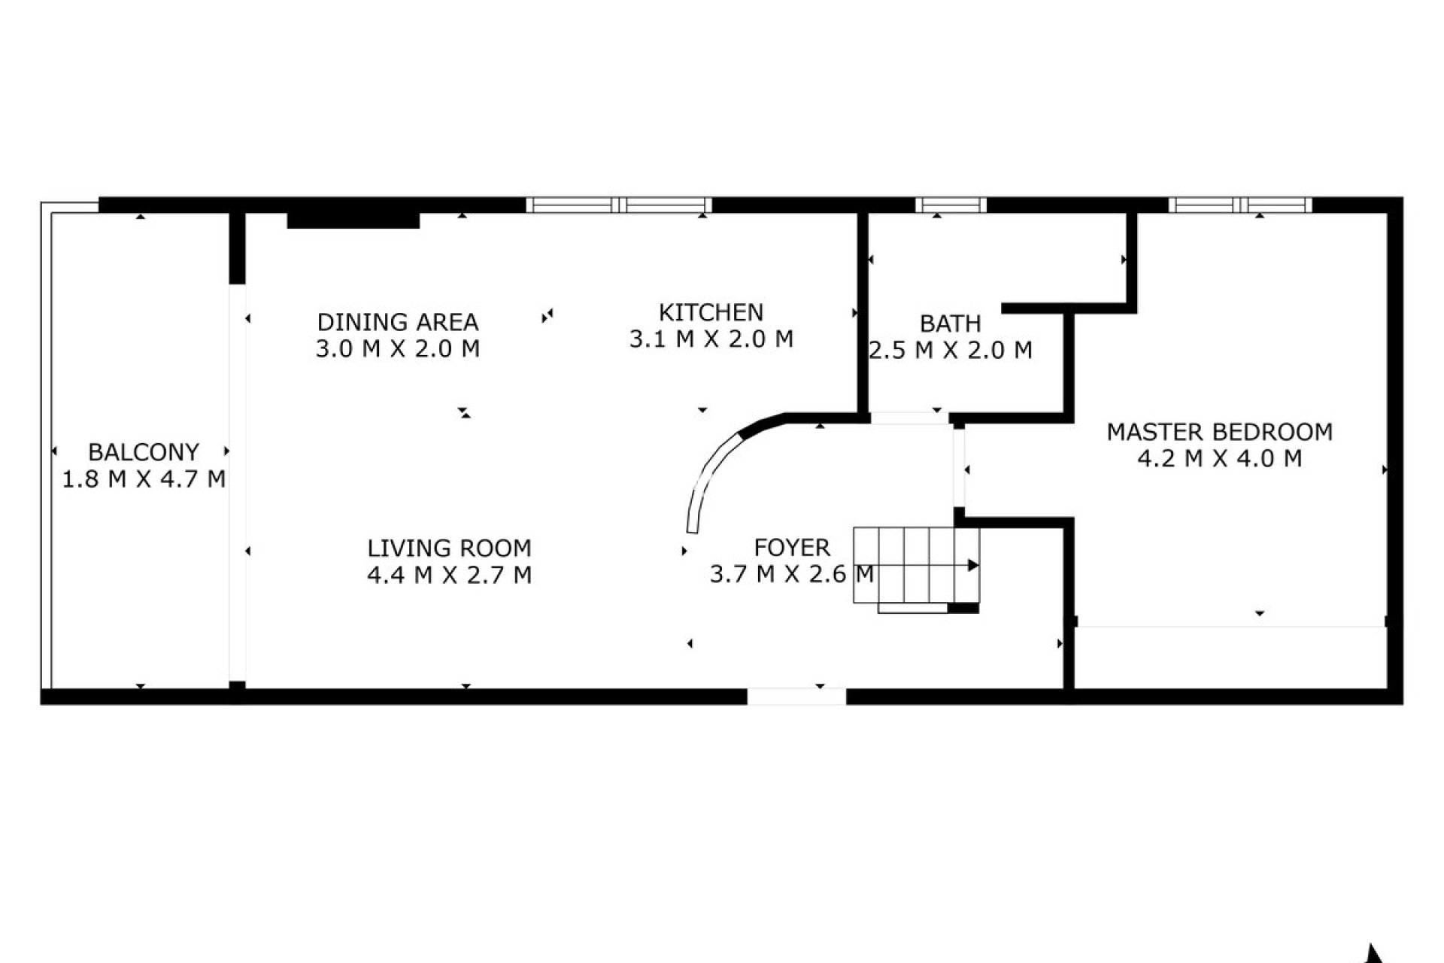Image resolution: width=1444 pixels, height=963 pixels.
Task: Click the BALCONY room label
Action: click(143, 452)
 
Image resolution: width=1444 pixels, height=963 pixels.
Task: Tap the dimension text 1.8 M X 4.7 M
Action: click(143, 479)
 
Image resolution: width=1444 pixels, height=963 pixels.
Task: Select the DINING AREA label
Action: click(397, 322)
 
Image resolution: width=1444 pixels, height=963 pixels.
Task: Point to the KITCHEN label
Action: click(711, 312)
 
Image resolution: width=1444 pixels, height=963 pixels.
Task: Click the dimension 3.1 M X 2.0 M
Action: click(711, 339)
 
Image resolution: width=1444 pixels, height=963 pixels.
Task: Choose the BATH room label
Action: click(950, 324)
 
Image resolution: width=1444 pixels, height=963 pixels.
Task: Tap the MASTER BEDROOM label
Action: click(1219, 432)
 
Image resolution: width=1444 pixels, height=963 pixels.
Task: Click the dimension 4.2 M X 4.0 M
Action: click(1219, 458)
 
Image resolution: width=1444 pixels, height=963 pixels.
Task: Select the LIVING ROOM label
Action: click(449, 548)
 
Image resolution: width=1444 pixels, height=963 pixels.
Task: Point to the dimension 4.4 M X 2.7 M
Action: click(449, 575)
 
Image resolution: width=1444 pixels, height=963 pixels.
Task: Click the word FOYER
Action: click(791, 547)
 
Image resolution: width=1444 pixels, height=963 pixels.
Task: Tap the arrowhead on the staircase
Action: click(972, 565)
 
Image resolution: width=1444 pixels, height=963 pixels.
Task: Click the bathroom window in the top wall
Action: click(951, 205)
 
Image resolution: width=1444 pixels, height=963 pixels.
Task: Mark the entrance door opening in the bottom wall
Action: click(796, 696)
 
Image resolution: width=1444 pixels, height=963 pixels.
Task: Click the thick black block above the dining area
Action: click(353, 220)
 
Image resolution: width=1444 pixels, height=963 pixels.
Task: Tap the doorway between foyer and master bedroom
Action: click(959, 469)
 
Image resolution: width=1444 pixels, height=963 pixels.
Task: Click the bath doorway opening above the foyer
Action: click(909, 418)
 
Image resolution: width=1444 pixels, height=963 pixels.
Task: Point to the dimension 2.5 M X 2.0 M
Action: click(950, 351)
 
